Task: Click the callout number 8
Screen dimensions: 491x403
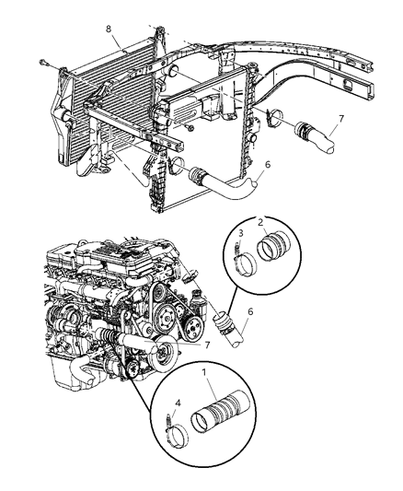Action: pos(109,29)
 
